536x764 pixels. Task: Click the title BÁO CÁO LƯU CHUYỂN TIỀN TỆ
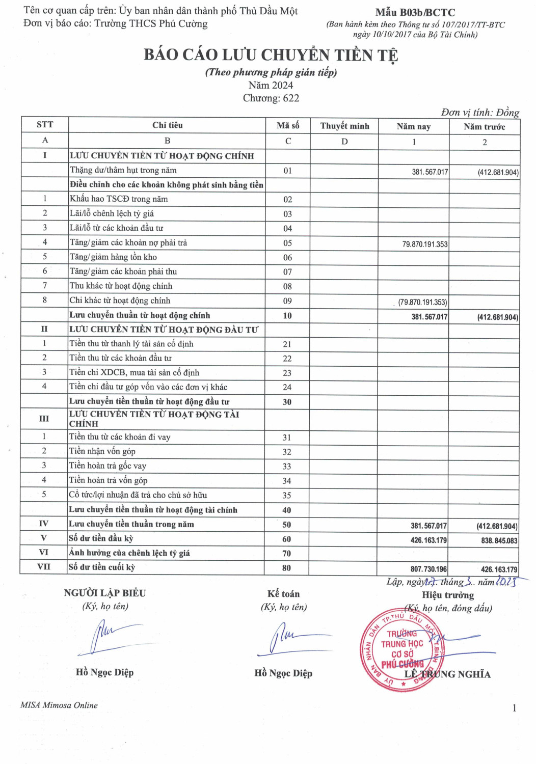(x=271, y=55)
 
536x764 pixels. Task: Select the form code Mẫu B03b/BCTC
(x=415, y=13)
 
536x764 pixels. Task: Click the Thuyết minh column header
(x=344, y=126)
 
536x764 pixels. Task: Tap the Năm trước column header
(x=484, y=126)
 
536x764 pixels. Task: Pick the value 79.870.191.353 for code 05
(x=425, y=244)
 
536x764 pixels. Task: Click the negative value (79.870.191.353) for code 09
(x=422, y=302)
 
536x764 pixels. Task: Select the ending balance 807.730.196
(x=428, y=569)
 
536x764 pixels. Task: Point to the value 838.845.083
(x=499, y=540)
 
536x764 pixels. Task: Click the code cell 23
(x=287, y=373)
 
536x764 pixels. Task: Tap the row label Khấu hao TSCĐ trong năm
(x=119, y=199)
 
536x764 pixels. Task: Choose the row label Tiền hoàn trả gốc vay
(x=108, y=466)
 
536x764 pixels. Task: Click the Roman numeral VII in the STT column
(x=44, y=567)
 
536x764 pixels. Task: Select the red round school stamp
(x=401, y=650)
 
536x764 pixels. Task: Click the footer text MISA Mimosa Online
(x=59, y=705)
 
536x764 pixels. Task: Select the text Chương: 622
(x=271, y=98)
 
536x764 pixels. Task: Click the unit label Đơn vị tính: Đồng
(x=480, y=113)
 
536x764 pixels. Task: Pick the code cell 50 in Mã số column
(x=287, y=525)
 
